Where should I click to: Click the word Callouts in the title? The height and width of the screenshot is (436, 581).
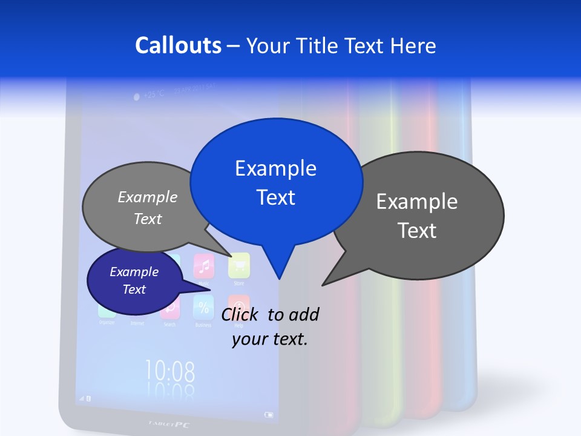coord(178,45)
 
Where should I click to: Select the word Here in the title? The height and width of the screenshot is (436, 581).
coord(414,45)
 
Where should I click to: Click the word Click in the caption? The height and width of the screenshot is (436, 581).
coord(240,314)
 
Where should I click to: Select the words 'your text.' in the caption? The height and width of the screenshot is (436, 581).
coord(270,339)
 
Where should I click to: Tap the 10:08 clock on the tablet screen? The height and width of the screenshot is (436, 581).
coord(170,370)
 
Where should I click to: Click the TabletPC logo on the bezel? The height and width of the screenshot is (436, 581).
coord(169,424)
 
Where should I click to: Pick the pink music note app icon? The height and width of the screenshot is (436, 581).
coord(204,265)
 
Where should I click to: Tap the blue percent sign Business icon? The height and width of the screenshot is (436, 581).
coord(203,306)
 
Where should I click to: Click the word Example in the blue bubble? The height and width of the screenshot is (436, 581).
coord(275,168)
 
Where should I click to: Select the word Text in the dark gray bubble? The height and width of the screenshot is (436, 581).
coord(417,231)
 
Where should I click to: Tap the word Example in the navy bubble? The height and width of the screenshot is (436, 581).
coord(134,272)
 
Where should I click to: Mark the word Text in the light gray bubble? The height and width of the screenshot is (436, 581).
coord(148,219)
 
